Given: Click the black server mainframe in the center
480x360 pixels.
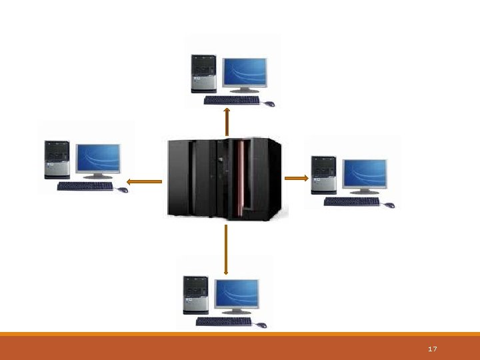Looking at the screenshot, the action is click(224, 178).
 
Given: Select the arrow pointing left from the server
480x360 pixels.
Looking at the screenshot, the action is click(144, 181).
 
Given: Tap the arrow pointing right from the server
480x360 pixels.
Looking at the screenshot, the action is click(296, 178).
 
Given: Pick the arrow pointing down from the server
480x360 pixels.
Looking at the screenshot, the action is click(227, 249).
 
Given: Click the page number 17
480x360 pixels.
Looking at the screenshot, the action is click(432, 349).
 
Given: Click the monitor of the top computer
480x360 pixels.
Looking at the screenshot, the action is click(245, 72).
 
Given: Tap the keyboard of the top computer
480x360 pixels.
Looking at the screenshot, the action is click(231, 100).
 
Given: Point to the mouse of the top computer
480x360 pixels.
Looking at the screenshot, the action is click(269, 104).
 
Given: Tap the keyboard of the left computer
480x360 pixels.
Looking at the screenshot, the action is click(85, 187).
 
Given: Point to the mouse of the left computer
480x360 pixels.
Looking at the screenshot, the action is click(123, 190).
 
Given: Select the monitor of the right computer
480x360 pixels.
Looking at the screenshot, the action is click(365, 174).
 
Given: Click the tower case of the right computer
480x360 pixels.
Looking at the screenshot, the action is click(323, 175).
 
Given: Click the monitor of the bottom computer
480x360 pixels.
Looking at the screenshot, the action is click(237, 294).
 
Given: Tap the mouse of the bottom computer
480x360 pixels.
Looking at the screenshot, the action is click(261, 325).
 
